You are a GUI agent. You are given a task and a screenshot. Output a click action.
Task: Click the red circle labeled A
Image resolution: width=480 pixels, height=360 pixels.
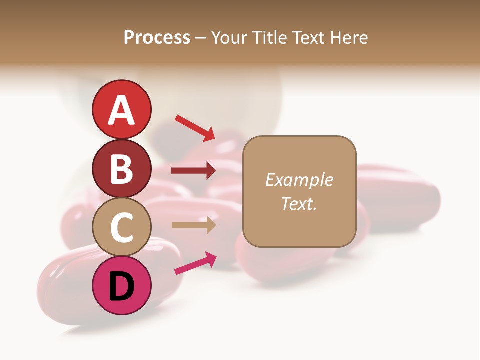click(x=121, y=109)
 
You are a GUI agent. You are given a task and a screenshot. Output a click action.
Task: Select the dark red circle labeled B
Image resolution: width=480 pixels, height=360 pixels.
click(x=121, y=168)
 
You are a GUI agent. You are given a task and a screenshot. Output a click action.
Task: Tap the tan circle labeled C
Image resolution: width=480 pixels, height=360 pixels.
click(x=121, y=227)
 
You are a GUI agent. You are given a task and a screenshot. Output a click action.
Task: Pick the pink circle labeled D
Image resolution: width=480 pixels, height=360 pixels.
click(x=121, y=285)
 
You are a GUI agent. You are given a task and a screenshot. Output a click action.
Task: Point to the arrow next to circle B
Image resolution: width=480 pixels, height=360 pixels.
click(x=193, y=171)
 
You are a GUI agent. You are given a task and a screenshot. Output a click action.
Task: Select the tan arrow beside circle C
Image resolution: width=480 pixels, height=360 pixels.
click(x=193, y=225)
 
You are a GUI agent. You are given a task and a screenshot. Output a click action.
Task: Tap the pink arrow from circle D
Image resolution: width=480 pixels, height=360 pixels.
click(x=195, y=263)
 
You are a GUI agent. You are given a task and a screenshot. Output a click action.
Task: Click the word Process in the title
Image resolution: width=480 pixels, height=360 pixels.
click(x=157, y=37)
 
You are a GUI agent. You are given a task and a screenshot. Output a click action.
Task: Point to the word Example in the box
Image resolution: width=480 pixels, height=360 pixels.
click(x=299, y=180)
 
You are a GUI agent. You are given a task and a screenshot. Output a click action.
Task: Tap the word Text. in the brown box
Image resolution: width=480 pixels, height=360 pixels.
click(x=299, y=203)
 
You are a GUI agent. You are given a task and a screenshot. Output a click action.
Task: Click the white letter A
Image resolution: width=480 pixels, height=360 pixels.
click(x=121, y=110)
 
